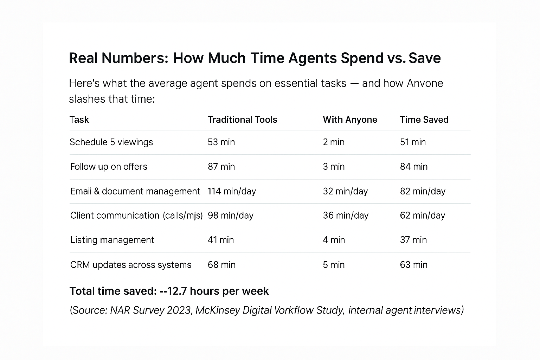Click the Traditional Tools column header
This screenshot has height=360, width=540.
pos(242,120)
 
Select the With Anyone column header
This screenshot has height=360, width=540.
pos(350,120)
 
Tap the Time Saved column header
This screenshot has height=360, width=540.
pos(424,120)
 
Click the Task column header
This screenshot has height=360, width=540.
pos(79,120)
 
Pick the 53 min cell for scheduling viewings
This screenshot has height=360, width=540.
pos(221,142)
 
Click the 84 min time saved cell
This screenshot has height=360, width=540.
pos(413,167)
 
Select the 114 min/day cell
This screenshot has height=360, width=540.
pos(232,191)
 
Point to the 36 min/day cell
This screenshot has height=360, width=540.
pos(346,216)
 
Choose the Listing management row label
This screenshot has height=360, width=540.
pos(112,240)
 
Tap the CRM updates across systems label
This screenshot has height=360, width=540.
pos(131,265)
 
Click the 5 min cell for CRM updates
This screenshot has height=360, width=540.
pos(334,265)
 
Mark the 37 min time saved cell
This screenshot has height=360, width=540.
pos(413,240)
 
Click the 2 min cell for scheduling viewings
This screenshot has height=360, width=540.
pos(334,142)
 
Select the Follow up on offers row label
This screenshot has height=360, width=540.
pos(109,167)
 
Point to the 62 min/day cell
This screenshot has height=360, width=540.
pos(422,216)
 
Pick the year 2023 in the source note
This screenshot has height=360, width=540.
pos(179,310)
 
